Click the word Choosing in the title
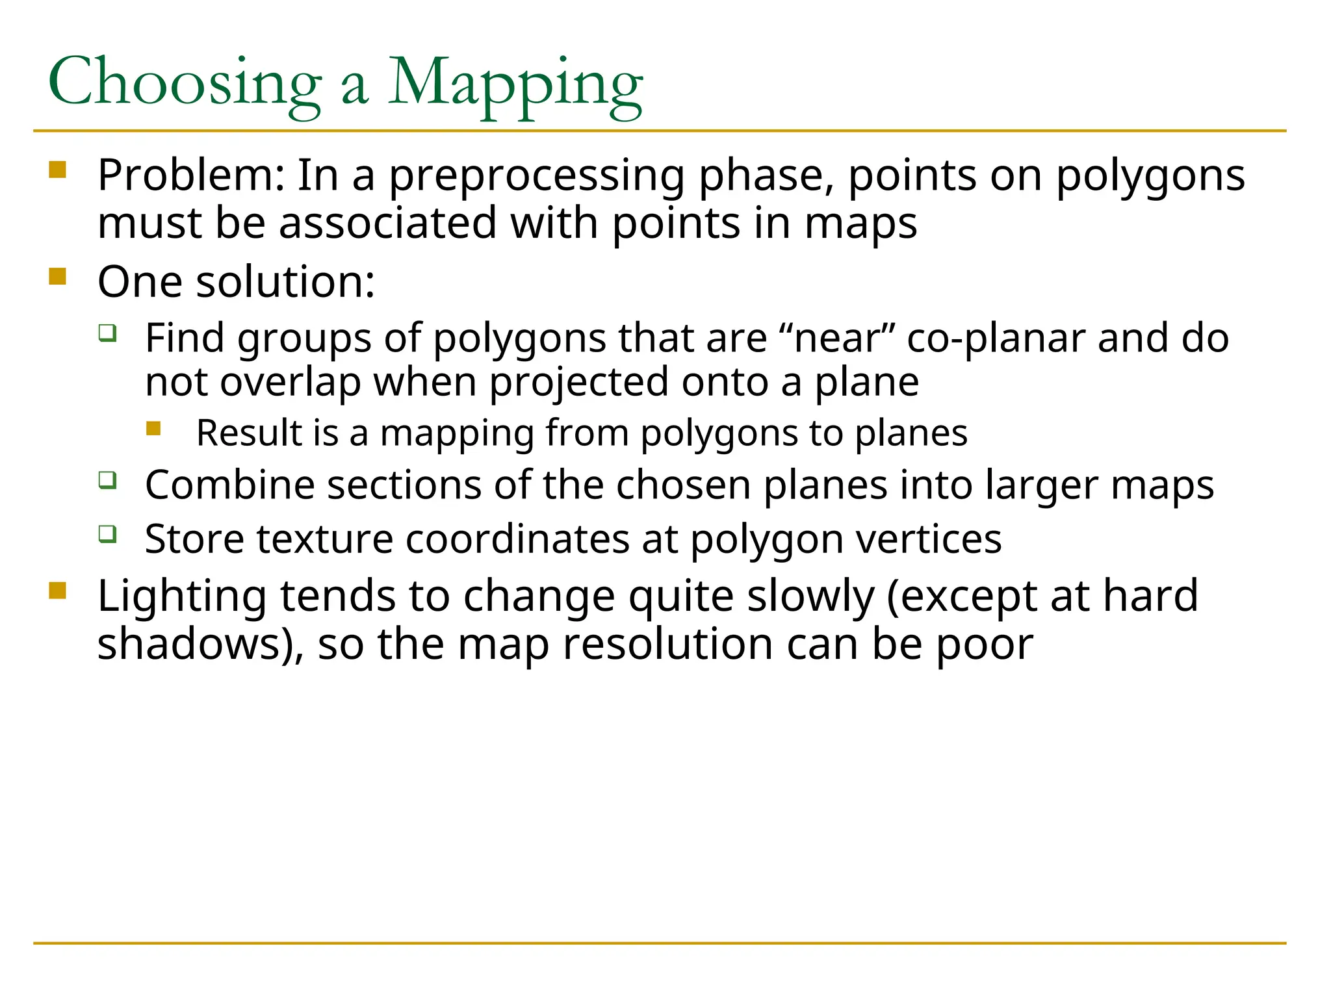tap(185, 83)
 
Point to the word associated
tap(387, 224)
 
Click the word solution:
tap(285, 282)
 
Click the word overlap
tap(290, 383)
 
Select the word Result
tap(249, 433)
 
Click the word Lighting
tap(182, 596)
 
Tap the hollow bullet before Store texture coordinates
tap(108, 534)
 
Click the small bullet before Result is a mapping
tap(153, 428)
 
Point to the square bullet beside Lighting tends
tap(58, 591)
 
